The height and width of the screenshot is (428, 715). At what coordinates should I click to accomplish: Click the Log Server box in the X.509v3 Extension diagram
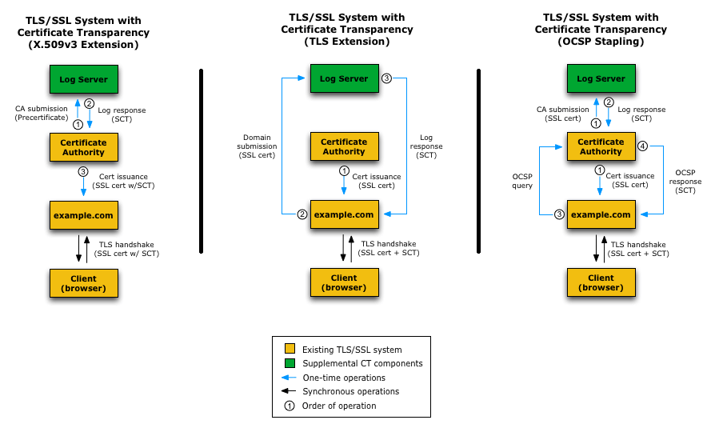click(x=84, y=79)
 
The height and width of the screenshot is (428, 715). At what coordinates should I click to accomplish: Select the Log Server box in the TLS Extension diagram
click(x=344, y=78)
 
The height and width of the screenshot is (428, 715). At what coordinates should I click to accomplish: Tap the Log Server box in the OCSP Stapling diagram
click(x=601, y=78)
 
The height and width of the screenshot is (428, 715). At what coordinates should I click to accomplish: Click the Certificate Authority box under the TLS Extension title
click(x=344, y=146)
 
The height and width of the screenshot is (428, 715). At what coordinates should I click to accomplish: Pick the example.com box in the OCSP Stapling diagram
click(x=601, y=214)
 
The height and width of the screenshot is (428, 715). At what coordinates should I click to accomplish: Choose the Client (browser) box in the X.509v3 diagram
click(x=84, y=283)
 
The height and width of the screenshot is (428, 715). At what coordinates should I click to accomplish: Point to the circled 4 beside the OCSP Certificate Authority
click(x=642, y=146)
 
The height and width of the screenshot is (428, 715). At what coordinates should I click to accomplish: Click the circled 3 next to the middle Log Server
click(x=386, y=78)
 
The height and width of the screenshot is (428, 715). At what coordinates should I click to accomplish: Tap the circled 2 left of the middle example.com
click(x=302, y=214)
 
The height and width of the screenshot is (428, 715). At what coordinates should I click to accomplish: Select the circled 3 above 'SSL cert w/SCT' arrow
click(x=83, y=171)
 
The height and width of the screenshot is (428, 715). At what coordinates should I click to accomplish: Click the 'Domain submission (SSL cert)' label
click(x=257, y=146)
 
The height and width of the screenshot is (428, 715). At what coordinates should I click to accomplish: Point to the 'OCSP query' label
click(x=522, y=181)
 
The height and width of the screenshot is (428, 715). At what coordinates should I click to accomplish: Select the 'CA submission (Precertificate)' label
click(x=41, y=113)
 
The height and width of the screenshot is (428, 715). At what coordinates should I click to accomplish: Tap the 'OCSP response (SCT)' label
click(x=685, y=181)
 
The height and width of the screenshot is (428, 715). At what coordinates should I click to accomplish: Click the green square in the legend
click(x=290, y=363)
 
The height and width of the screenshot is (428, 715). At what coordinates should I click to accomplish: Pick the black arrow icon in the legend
click(x=289, y=391)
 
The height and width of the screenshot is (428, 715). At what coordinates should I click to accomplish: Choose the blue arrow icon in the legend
click(x=289, y=378)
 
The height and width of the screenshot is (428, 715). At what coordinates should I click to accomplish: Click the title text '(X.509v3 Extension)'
click(x=83, y=45)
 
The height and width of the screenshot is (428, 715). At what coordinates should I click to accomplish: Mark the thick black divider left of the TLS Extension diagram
click(x=201, y=161)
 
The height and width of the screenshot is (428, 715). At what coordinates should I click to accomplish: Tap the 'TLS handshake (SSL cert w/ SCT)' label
click(x=127, y=249)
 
